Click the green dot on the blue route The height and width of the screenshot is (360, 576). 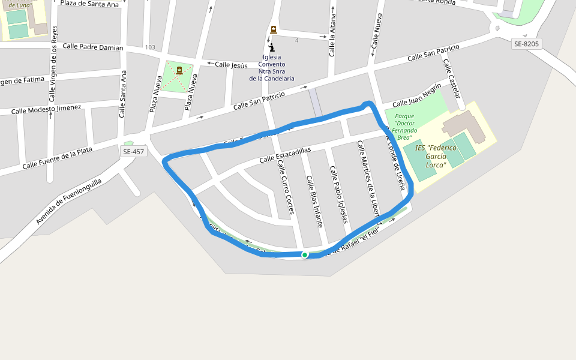tap(305, 255)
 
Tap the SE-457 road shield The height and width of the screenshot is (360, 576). tap(133, 152)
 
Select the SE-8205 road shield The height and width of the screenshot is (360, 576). tap(527, 44)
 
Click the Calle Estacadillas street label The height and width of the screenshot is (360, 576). tap(286, 155)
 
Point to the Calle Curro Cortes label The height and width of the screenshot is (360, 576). tap(286, 187)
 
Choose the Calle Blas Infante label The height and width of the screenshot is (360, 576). tap(315, 201)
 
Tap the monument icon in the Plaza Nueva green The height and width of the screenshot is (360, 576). tap(179, 70)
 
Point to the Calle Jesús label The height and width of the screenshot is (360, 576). tap(231, 65)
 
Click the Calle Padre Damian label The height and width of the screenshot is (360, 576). tap(93, 47)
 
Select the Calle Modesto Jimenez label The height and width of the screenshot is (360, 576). tap(46, 109)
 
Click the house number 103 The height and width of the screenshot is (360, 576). tap(150, 47)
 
